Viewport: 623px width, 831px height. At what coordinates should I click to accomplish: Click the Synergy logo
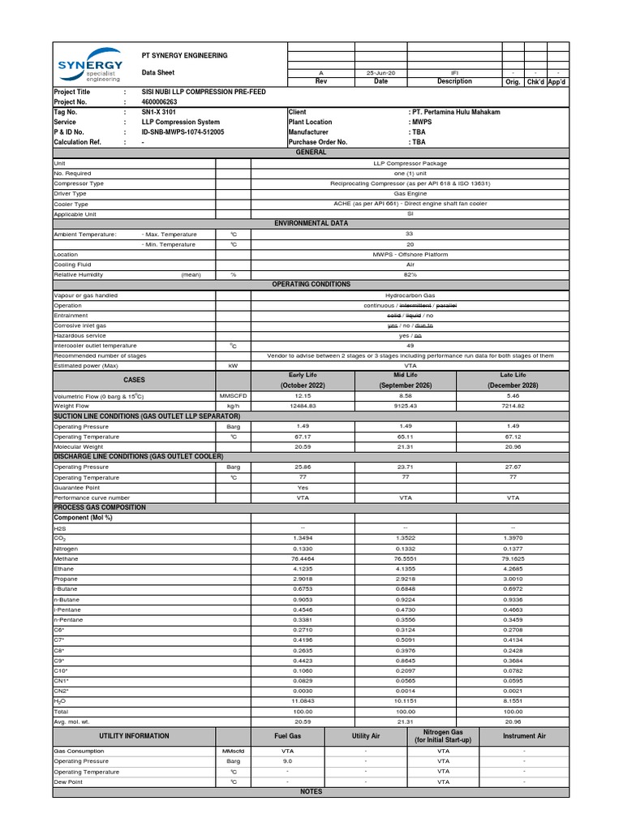click(89, 69)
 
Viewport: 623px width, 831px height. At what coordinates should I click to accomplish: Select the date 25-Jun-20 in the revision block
click(380, 72)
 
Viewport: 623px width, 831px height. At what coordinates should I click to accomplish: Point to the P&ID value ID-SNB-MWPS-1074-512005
click(183, 131)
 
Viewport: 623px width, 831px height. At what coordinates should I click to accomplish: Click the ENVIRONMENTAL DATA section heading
click(311, 222)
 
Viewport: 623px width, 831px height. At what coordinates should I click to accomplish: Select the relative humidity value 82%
click(410, 275)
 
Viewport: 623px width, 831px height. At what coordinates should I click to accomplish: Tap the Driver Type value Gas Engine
click(410, 194)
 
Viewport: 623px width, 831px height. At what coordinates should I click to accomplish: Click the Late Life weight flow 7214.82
click(513, 406)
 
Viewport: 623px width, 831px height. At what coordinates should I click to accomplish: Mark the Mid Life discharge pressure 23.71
click(406, 467)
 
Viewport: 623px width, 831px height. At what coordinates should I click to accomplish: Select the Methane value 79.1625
click(513, 558)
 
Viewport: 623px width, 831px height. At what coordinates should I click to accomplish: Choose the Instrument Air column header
click(524, 735)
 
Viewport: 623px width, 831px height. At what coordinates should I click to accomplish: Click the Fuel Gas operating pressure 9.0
click(287, 761)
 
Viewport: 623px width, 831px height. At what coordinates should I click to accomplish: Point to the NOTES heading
click(311, 791)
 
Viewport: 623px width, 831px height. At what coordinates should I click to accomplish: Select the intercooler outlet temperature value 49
click(410, 345)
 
